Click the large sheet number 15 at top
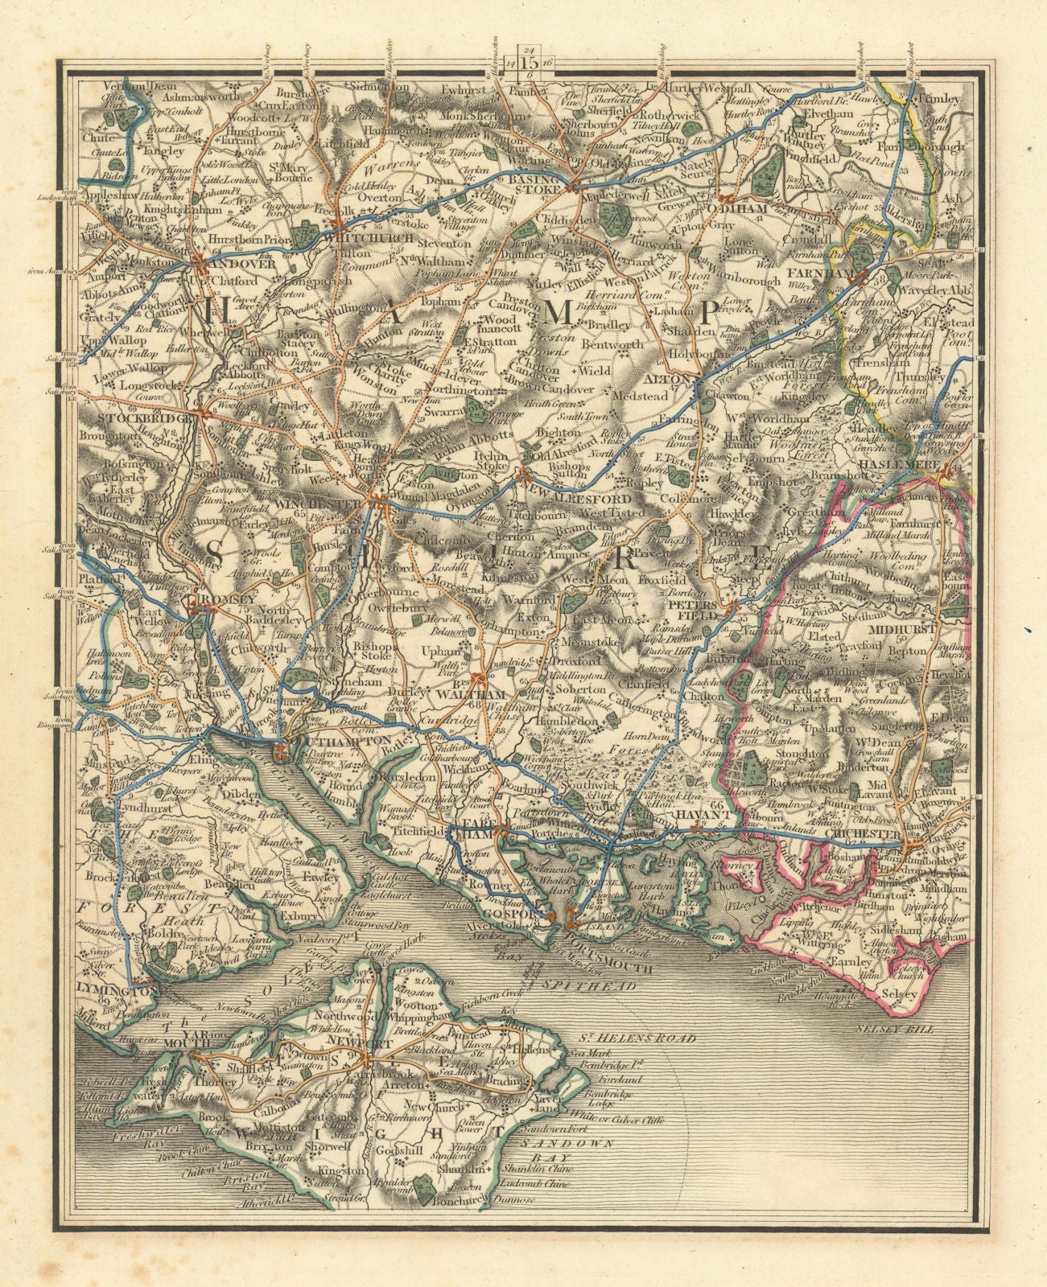(x=530, y=62)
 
